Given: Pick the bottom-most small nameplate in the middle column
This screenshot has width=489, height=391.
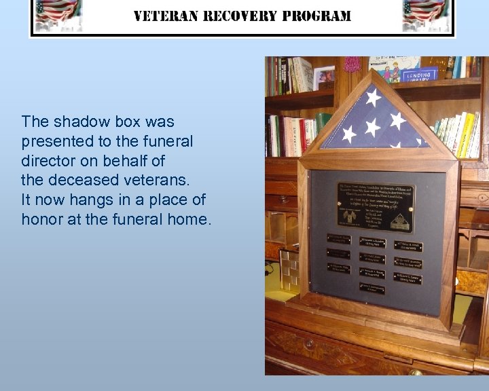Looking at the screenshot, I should (372, 288).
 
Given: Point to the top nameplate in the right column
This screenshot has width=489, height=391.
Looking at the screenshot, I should (407, 246).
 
